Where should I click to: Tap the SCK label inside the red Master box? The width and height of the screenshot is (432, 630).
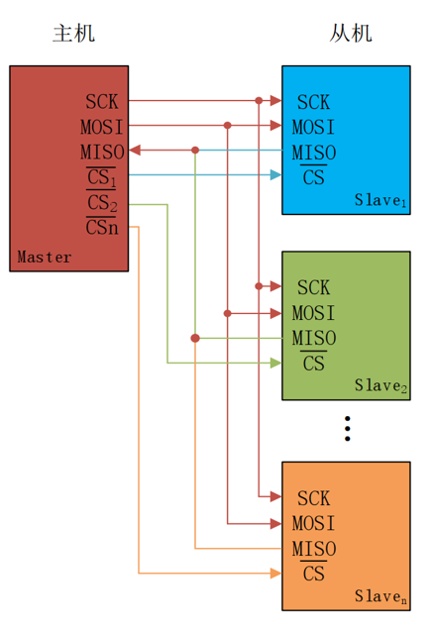point(102,101)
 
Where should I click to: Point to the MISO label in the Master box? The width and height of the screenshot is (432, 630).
point(102,152)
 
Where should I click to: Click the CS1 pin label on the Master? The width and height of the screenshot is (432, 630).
point(102,178)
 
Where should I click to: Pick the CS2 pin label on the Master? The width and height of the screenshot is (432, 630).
point(102,203)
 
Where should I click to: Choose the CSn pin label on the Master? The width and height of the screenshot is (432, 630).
point(102,228)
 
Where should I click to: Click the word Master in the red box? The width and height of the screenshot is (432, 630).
point(45,258)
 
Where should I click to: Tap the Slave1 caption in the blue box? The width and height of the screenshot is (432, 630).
point(381,200)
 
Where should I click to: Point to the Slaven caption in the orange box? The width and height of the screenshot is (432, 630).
point(381,596)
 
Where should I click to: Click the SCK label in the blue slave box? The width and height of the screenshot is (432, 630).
point(313,101)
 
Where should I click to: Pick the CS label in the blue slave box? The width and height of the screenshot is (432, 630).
point(313,178)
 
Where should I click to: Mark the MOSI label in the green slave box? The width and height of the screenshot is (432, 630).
point(313,313)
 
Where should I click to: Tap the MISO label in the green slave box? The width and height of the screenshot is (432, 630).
point(313,339)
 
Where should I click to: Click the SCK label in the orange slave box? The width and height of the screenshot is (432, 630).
point(313,498)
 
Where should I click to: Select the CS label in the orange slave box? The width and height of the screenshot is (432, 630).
point(313,575)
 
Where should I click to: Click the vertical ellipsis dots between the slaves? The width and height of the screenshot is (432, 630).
point(347,428)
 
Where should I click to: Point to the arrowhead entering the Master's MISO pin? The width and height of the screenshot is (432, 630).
point(135,151)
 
